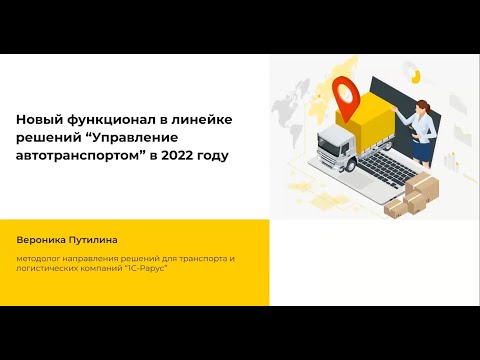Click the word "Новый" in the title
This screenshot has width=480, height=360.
pyautogui.click(x=38, y=120)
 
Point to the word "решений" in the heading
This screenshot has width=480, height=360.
pyautogui.click(x=45, y=138)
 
